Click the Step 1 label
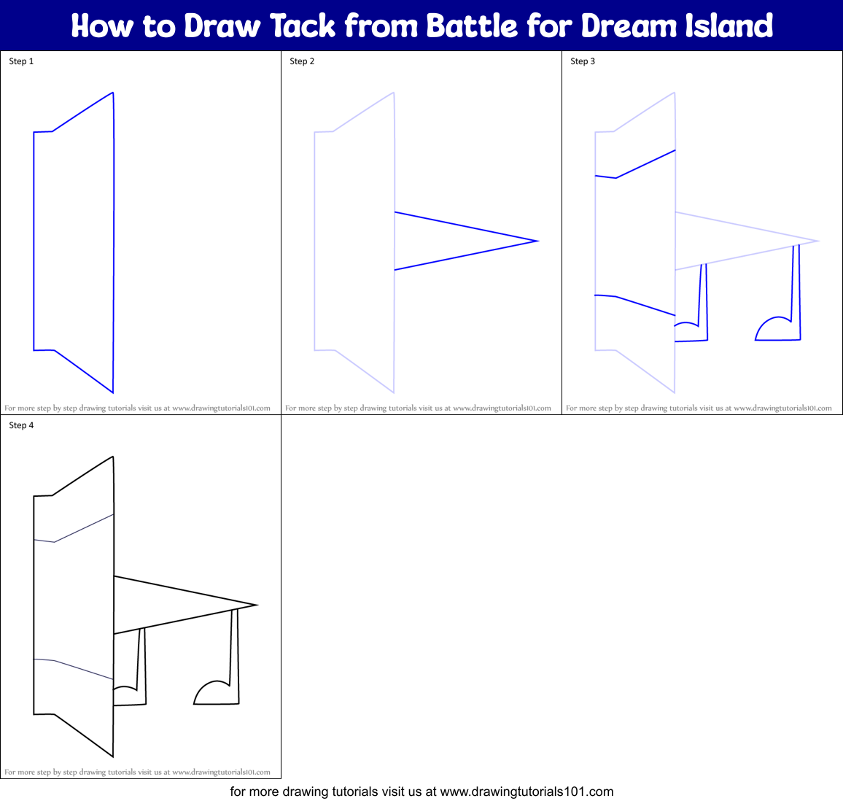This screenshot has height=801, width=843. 21,61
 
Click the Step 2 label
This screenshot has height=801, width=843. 302,61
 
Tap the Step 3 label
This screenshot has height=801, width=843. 583,61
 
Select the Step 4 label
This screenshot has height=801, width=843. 21,425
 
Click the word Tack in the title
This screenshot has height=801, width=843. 303,26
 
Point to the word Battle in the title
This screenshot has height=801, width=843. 472,26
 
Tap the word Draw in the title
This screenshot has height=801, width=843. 223,26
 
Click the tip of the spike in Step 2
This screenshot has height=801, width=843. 537,241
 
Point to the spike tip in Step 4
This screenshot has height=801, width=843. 257,605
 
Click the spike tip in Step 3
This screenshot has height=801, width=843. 818,241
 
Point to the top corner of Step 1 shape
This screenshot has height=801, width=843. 113,93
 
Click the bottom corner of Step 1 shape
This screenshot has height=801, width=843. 113,392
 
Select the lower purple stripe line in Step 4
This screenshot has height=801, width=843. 80,669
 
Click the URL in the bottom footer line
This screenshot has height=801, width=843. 527,792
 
